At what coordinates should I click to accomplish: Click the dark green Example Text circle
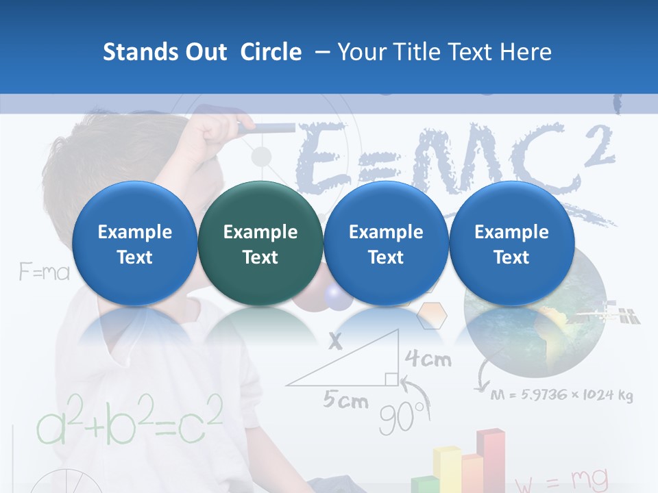tap(260, 244)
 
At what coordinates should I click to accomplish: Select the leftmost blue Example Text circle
tap(134, 244)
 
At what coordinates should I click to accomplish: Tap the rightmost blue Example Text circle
tap(511, 244)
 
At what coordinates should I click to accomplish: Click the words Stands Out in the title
tap(164, 52)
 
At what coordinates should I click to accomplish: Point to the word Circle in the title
tap(271, 52)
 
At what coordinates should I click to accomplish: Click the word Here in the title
tap(527, 52)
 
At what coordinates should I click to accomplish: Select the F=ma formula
tap(45, 273)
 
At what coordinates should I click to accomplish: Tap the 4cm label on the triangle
tap(428, 359)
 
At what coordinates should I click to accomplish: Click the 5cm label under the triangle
tap(345, 400)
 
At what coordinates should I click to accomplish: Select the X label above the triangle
tap(334, 341)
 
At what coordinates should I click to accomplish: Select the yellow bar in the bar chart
tap(446, 469)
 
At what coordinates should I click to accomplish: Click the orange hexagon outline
tap(432, 315)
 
